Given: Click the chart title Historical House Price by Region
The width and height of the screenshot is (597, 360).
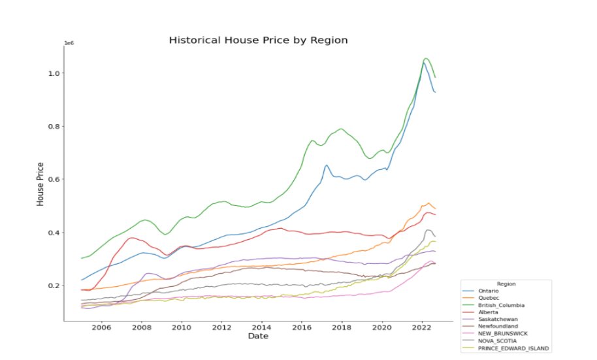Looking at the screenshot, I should (258, 41).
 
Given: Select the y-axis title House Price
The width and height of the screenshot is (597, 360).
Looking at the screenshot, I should (40, 184).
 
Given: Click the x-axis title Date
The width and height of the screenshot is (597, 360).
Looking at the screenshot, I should (257, 336).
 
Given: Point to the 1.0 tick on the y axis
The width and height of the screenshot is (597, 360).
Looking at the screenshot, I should (54, 73).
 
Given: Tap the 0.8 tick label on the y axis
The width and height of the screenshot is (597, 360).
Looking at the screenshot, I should (54, 126).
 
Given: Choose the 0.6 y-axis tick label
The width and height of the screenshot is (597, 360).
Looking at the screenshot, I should (54, 179).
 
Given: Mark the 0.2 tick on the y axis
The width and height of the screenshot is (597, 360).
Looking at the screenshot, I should (54, 286).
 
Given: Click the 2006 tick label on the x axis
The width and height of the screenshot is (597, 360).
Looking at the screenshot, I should (101, 327).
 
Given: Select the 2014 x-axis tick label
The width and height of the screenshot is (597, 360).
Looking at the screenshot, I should (262, 327).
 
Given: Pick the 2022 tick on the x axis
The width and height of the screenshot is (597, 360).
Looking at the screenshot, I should (422, 327).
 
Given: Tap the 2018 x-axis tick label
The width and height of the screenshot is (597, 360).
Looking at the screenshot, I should (342, 327).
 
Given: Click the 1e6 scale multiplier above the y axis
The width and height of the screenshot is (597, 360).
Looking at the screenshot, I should (68, 43).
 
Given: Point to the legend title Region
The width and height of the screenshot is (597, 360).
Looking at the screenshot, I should (506, 284).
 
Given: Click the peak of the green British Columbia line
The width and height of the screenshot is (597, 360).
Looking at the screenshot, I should (425, 58).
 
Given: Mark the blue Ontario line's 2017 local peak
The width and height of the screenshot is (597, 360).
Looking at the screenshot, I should (326, 165).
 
